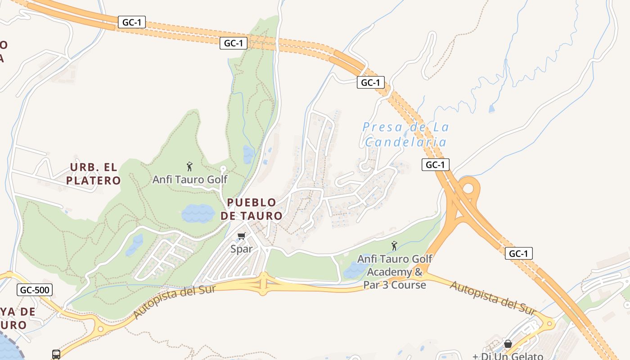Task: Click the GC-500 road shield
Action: [35, 290]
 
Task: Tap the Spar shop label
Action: [241, 248]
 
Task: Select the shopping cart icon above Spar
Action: [242, 236]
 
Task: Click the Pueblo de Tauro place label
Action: [252, 209]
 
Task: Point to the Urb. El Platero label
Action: [94, 174]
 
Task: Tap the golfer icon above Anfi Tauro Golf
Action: [189, 166]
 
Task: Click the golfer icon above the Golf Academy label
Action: [394, 246]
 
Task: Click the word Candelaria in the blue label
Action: [405, 142]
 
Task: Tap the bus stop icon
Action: [56, 355]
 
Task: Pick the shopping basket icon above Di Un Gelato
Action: [508, 344]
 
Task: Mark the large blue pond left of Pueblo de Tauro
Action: [198, 213]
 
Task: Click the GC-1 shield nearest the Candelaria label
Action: [435, 165]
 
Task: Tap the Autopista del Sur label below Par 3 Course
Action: [492, 297]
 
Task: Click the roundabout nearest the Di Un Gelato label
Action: [549, 323]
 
